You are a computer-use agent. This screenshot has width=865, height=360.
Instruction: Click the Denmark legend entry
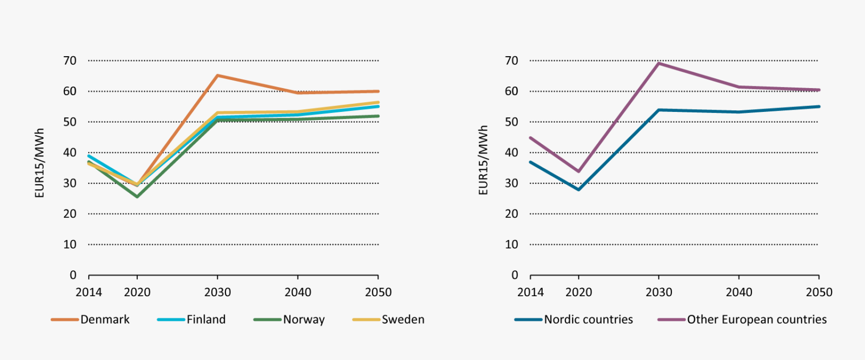tap(91, 319)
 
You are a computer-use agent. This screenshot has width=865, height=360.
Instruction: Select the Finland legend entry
tap(192, 319)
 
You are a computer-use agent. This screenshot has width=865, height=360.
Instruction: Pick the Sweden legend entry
tap(389, 319)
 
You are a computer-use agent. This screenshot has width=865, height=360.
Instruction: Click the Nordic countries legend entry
tap(574, 319)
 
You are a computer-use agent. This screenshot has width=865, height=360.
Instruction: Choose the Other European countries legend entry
tap(742, 319)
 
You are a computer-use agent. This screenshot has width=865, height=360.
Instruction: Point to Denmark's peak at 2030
tap(217, 76)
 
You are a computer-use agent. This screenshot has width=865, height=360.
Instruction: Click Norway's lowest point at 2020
tap(137, 197)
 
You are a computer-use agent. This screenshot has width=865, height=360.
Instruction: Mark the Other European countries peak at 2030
tap(658, 63)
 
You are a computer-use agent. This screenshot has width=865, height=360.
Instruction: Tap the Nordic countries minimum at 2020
tap(578, 190)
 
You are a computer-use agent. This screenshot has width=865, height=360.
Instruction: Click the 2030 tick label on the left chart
tap(217, 292)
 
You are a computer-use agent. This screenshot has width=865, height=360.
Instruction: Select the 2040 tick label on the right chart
tap(738, 292)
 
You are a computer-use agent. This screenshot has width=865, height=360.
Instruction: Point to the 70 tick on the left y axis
tap(70, 61)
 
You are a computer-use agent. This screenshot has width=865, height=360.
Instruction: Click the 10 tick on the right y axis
tap(511, 244)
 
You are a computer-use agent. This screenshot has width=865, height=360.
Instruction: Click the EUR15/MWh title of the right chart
tap(483, 161)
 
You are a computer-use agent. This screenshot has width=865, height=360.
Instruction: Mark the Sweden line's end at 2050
tap(378, 102)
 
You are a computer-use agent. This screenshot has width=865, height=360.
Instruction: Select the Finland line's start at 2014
tap(89, 156)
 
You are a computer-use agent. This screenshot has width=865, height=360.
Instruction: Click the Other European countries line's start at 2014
tap(530, 137)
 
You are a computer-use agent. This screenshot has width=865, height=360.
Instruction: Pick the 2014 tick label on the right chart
tap(530, 292)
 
